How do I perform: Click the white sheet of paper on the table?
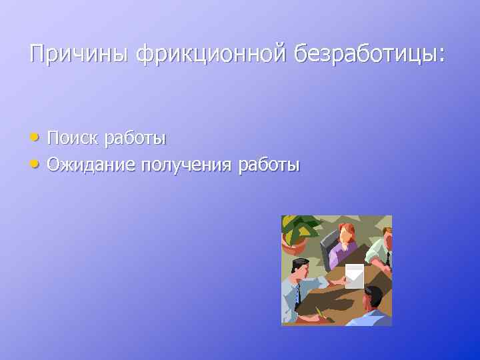(355, 275)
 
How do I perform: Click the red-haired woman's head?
(345, 233)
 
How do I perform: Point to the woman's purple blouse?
(343, 253)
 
